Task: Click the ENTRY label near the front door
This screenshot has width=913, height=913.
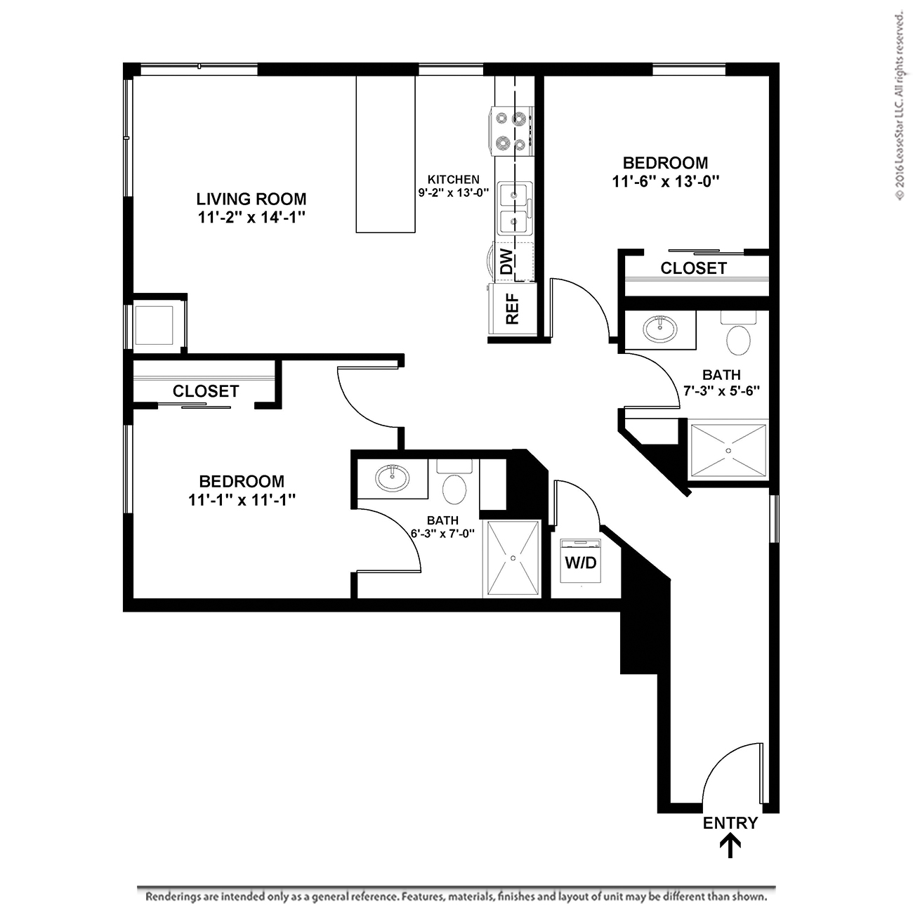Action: coord(730,823)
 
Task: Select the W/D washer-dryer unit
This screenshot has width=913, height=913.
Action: coord(580,560)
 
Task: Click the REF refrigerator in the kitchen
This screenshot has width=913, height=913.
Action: coord(513,309)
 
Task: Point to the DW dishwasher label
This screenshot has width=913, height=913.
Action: coord(506,261)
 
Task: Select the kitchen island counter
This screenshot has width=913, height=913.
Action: coord(386,154)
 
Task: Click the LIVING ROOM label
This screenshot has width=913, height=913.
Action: coord(251,199)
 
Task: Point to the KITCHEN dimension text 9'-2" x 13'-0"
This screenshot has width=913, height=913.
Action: coord(453,193)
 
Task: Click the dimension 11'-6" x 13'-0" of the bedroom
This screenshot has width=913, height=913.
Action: coord(666,181)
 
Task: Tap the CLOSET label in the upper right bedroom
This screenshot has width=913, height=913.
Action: coord(694,268)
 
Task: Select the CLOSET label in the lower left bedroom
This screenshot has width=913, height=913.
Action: coord(206,391)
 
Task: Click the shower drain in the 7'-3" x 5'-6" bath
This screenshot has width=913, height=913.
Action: coord(728,451)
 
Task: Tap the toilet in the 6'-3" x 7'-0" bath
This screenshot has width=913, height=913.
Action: coord(454,483)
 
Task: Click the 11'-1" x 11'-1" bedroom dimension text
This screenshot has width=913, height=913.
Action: coord(242,500)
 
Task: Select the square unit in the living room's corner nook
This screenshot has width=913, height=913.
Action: coord(154,325)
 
